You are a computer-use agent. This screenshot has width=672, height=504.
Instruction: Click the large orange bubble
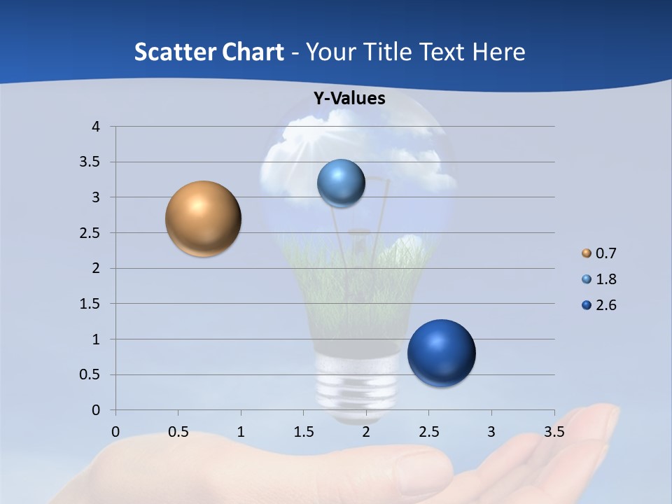203,218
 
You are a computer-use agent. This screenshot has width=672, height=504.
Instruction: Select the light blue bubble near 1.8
341,183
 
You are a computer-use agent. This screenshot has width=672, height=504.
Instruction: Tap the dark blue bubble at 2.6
441,353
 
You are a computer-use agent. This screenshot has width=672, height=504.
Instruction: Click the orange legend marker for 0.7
587,253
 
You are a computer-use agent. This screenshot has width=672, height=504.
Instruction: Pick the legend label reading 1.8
605,279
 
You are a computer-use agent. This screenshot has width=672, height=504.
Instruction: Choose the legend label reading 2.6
605,305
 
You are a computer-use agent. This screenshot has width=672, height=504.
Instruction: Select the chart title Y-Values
349,99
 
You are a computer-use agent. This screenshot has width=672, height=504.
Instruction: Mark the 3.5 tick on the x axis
554,432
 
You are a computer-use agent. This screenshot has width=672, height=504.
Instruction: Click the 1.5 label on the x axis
303,432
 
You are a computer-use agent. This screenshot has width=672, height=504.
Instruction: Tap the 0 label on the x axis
115,432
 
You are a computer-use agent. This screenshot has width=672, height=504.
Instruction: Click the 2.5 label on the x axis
428,432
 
